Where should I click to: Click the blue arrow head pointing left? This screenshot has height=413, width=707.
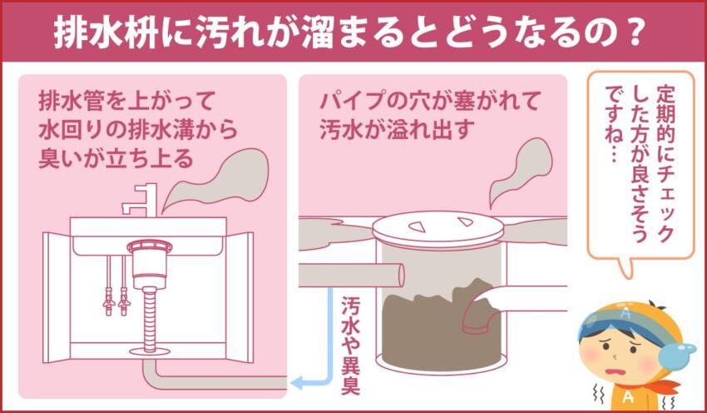click(297, 383)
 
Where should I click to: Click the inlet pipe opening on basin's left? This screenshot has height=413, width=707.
click(398, 274)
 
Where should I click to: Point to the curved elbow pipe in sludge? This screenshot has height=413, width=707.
click(482, 312)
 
